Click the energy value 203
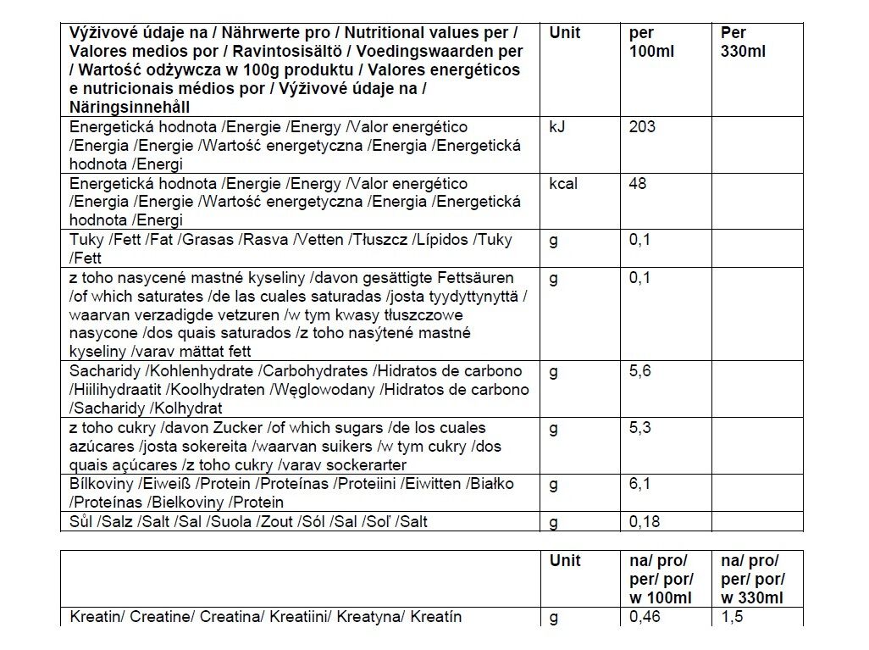click(642, 127)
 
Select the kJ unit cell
click(558, 127)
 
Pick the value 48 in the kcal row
click(638, 184)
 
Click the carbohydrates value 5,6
click(639, 371)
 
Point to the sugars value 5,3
click(639, 428)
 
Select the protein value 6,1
click(639, 484)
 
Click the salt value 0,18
click(643, 521)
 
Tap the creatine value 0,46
click(643, 617)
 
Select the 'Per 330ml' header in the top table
click(743, 42)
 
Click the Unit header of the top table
click(565, 33)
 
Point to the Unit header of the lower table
click(565, 561)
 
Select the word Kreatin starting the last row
click(96, 617)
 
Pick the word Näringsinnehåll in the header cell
click(129, 108)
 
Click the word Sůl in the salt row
click(82, 521)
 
